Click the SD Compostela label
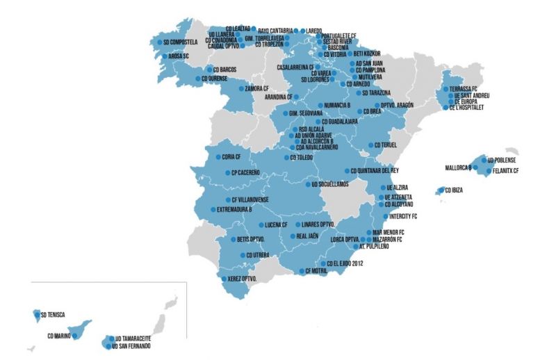click(182, 42)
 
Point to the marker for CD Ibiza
click(439, 190)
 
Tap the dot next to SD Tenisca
click(37, 314)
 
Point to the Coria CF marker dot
click(217, 157)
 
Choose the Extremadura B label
click(234, 208)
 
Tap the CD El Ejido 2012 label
click(345, 263)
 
